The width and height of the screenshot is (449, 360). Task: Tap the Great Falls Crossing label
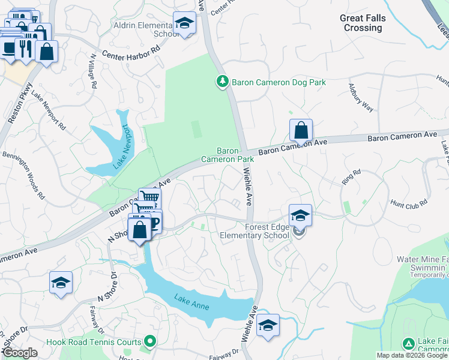[363, 23]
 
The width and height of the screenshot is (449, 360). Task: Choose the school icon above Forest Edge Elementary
[300, 215]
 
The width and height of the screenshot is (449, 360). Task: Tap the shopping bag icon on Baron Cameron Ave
[301, 130]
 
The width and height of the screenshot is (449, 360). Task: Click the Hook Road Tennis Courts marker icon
[150, 342]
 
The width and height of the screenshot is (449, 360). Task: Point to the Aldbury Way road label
[361, 98]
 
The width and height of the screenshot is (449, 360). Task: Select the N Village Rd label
[93, 71]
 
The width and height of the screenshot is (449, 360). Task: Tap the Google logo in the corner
[20, 353]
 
